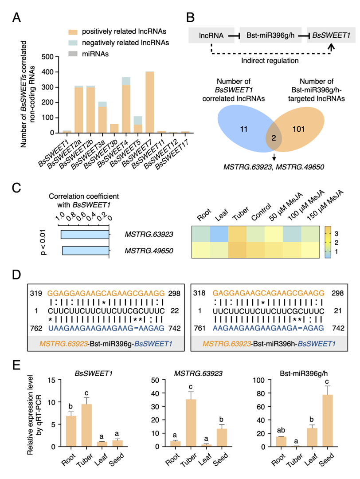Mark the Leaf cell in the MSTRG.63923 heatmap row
[220, 234]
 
